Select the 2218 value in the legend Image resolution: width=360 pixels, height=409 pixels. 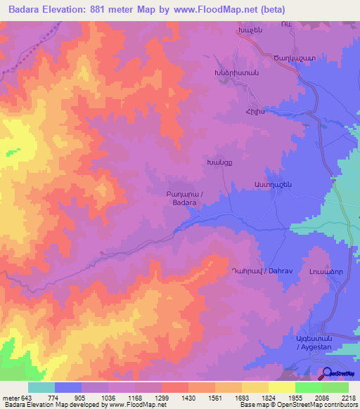(x=349, y=398)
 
